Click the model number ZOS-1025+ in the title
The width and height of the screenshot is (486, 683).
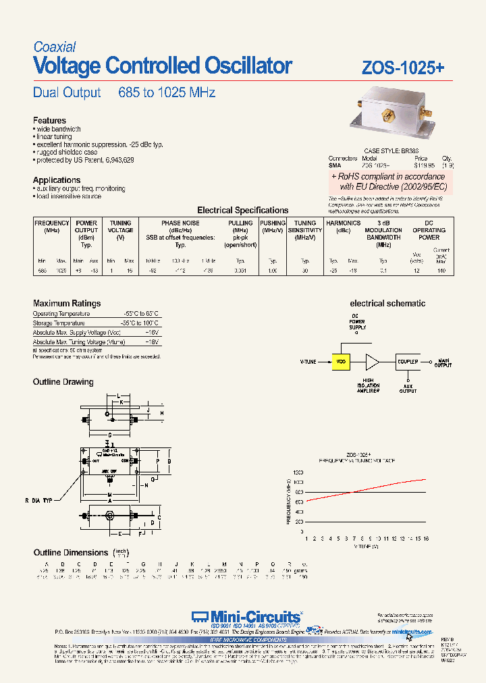click(403, 68)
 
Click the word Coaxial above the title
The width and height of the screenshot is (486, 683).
click(55, 47)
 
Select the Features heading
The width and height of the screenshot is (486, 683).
click(50, 121)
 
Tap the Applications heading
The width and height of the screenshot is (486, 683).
click(57, 180)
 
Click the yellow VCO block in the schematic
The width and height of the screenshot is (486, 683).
click(341, 361)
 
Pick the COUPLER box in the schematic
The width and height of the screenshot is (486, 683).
click(408, 361)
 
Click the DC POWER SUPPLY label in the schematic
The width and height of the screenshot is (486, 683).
click(358, 322)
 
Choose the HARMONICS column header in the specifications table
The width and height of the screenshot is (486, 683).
click(343, 223)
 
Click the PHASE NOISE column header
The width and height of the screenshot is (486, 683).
click(180, 223)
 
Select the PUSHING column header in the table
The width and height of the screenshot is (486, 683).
click(273, 223)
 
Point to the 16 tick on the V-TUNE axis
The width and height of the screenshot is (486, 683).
click(427, 539)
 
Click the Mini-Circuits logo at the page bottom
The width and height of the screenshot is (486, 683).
click(246, 616)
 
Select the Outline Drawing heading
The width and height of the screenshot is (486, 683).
click(63, 382)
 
